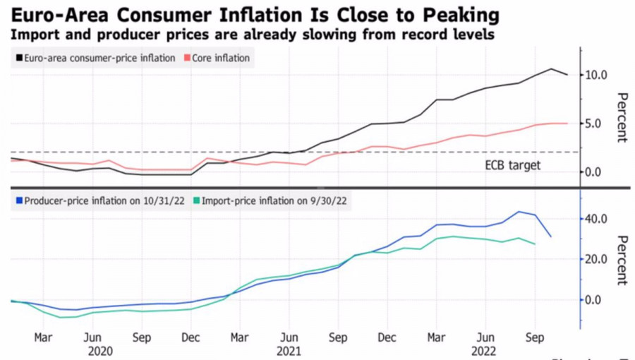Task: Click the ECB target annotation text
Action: (512, 164)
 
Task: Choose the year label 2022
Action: (484, 350)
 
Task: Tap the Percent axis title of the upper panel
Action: (622, 117)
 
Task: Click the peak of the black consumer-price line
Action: (552, 68)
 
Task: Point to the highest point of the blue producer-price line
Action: (519, 211)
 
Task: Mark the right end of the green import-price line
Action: (536, 244)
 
